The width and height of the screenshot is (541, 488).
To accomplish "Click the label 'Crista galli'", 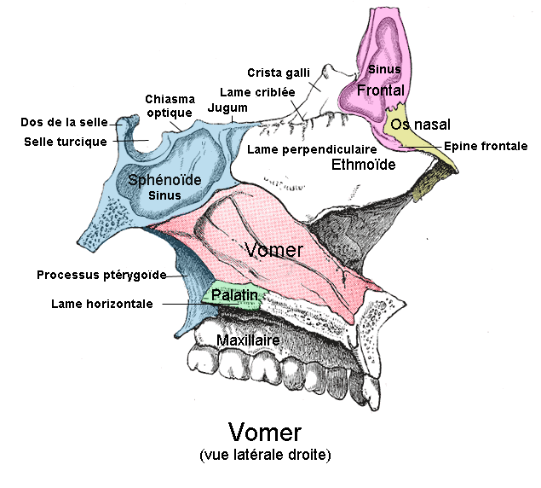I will pyautogui.click(x=279, y=72).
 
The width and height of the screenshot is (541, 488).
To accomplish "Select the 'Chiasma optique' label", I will pyautogui.click(x=170, y=106).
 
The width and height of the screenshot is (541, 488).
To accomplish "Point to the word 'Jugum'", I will pyautogui.click(x=227, y=108).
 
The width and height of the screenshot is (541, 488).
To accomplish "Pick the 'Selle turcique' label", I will pyautogui.click(x=66, y=141).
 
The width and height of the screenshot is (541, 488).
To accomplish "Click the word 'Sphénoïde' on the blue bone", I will pyautogui.click(x=164, y=180).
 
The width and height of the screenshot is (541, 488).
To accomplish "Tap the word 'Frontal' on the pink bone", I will pyautogui.click(x=380, y=90).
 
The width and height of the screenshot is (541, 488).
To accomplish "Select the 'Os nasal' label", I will pyautogui.click(x=421, y=125).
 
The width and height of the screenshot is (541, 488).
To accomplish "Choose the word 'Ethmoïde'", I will pyautogui.click(x=363, y=165).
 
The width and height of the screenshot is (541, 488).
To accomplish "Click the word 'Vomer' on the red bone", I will pyautogui.click(x=273, y=250).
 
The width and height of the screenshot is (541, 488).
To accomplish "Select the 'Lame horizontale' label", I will pyautogui.click(x=101, y=303).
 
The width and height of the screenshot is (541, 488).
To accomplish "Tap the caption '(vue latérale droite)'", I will pyautogui.click(x=265, y=455).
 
